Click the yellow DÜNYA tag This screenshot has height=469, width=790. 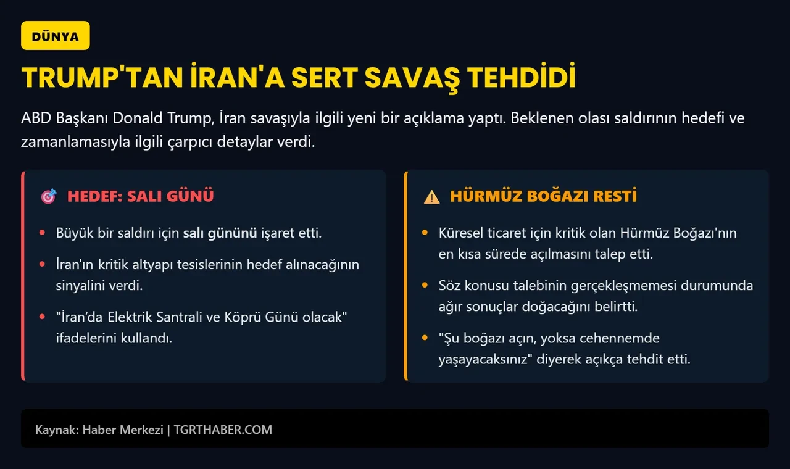[56, 36]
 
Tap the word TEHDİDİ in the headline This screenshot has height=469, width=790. [521, 78]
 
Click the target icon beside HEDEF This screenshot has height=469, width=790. [49, 196]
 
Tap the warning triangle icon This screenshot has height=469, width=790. [431, 197]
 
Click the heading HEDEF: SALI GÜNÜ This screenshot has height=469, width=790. [140, 196]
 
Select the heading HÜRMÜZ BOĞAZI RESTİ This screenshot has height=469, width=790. [543, 196]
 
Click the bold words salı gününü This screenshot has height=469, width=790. [220, 233]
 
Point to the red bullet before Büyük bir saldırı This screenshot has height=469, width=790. [41, 233]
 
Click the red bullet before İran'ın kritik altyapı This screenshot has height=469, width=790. [41, 265]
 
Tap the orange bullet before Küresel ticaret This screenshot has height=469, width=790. [424, 233]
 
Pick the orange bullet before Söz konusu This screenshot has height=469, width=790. [424, 286]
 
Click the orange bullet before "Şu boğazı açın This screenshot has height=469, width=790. [424, 338]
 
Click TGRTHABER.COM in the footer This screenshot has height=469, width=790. [222, 430]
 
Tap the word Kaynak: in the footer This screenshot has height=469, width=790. [56, 430]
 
